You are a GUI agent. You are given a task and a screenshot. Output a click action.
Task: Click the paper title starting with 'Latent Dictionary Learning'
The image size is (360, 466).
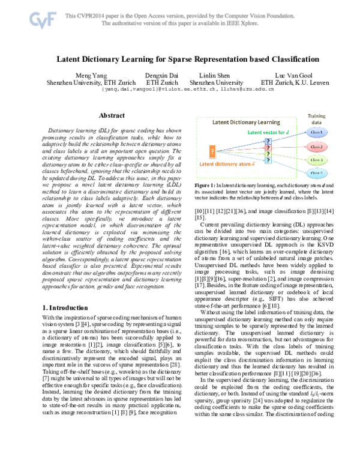(x=179, y=60)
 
